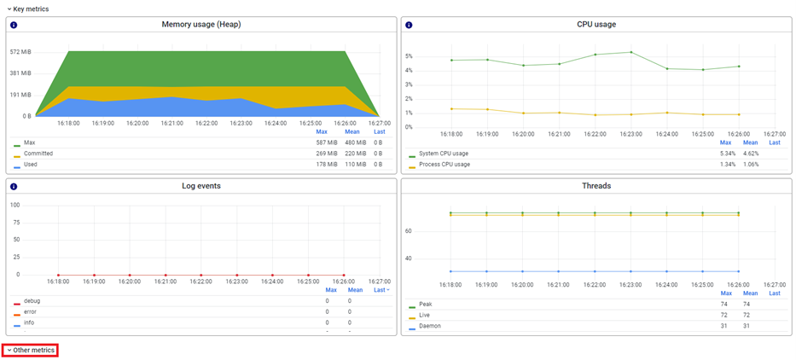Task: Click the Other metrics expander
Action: (31, 350)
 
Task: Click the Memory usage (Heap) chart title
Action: (201, 25)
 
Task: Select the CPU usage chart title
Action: (596, 25)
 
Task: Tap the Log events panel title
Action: (201, 186)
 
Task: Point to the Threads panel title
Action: (596, 186)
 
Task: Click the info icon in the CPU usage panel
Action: (409, 25)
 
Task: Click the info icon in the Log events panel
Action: (14, 186)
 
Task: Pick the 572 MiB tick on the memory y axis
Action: (20, 52)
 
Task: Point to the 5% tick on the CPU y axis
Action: (409, 56)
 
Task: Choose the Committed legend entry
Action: (38, 154)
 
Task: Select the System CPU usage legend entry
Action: (443, 154)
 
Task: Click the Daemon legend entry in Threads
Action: (430, 326)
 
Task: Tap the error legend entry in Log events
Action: (31, 312)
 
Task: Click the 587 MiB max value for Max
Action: (326, 142)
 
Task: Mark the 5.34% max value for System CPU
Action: (727, 154)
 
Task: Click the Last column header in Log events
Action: (381, 290)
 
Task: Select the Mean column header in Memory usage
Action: (352, 131)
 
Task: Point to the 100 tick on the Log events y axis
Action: (15, 205)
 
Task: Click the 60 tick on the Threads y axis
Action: (408, 230)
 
